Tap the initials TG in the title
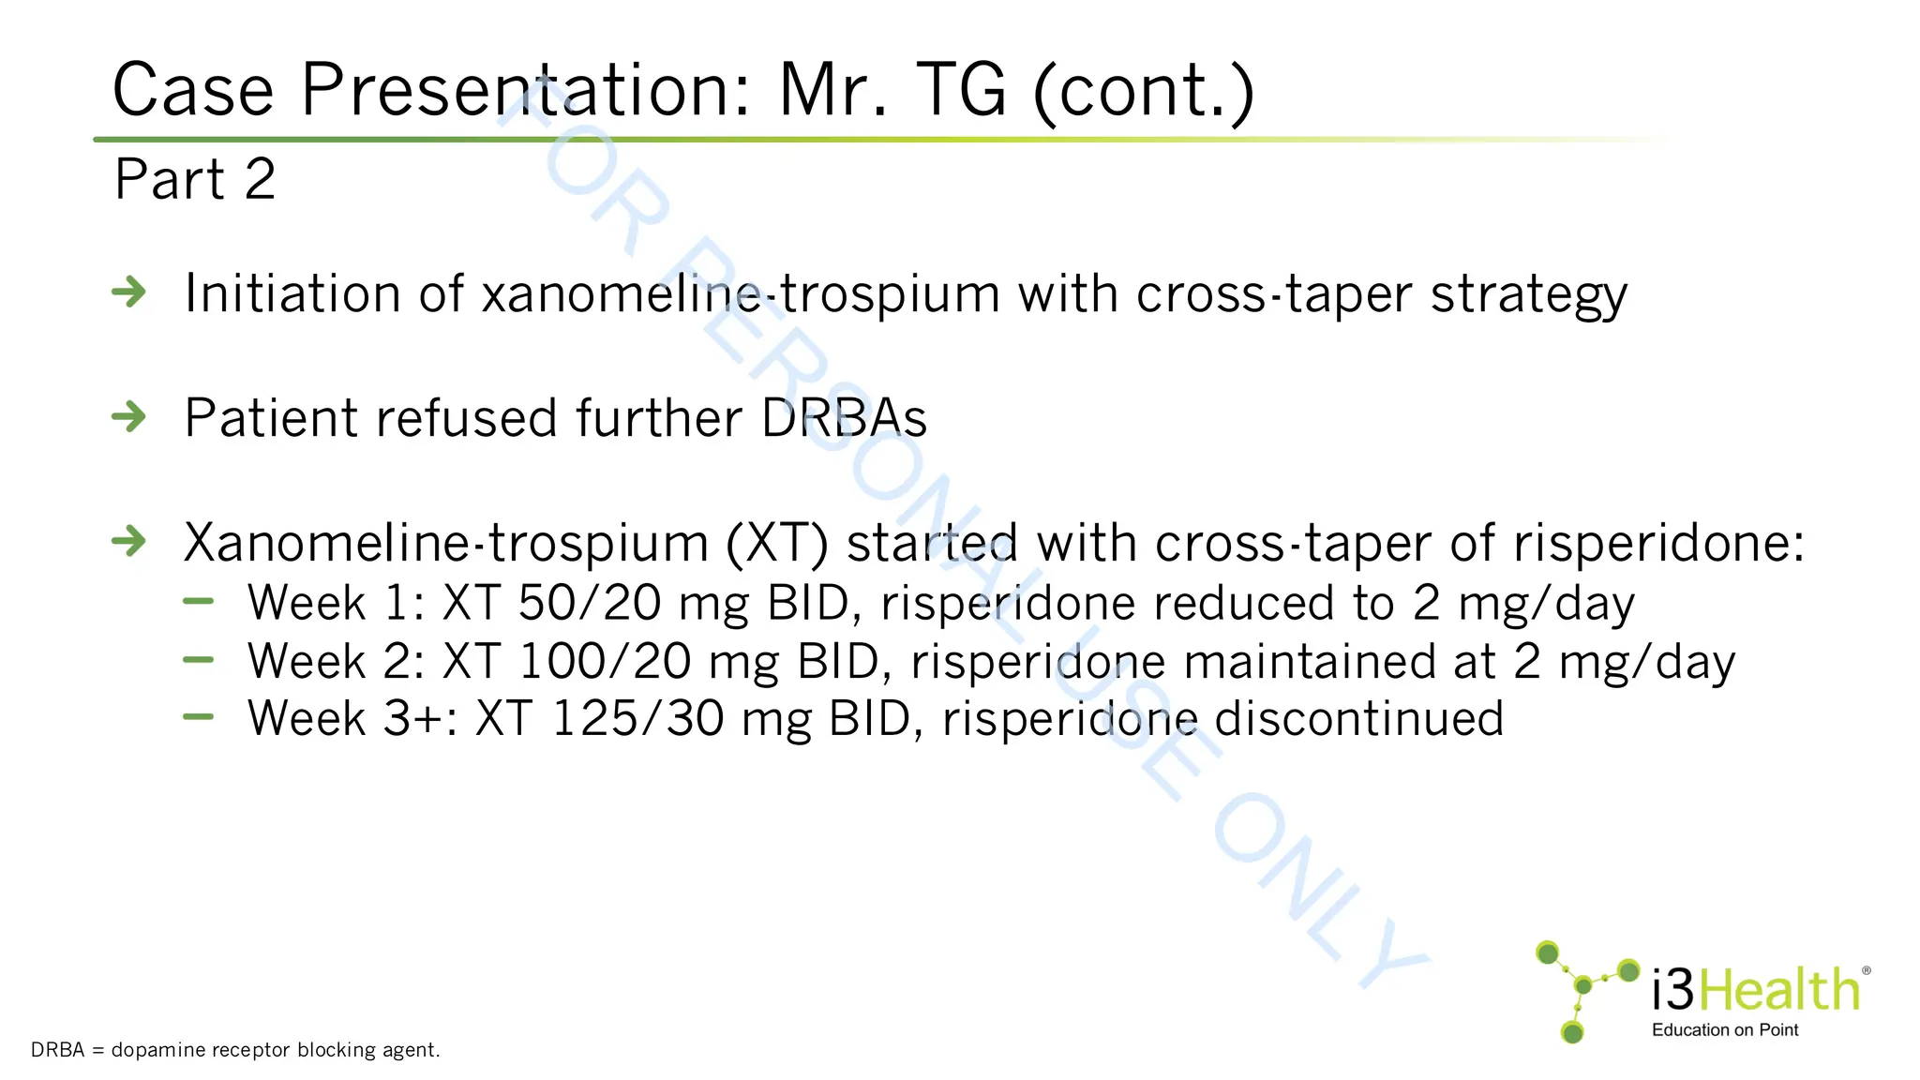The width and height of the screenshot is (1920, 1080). coord(959,91)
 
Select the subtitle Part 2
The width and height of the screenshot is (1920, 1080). coord(195,179)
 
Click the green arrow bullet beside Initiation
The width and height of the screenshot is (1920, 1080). coord(129,292)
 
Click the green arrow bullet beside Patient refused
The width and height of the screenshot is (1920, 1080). coord(129,416)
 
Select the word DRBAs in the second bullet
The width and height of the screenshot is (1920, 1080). coord(844,418)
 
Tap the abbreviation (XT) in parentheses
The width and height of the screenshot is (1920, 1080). coord(777,544)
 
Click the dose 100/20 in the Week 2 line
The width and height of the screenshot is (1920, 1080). coord(605,662)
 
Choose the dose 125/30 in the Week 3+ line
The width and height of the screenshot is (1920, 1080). coord(637,719)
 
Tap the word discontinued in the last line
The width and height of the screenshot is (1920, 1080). coord(1358,719)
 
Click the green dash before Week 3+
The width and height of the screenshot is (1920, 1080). coord(199,717)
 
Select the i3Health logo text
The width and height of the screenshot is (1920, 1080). coord(1755,990)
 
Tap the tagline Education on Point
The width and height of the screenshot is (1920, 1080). coord(1725,1030)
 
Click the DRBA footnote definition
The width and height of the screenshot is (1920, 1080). coord(235,1050)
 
